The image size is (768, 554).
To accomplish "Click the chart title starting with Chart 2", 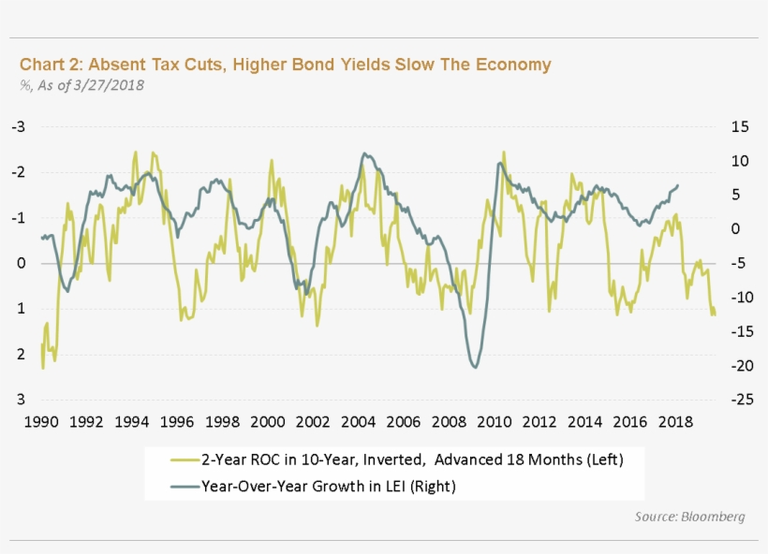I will pyautogui.click(x=285, y=65).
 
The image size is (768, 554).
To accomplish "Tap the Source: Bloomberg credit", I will pyautogui.click(x=689, y=517).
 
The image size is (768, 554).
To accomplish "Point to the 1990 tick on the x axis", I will pyautogui.click(x=41, y=421).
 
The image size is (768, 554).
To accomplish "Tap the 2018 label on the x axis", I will pyautogui.click(x=674, y=421).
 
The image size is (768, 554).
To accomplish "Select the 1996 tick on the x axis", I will pyautogui.click(x=177, y=421).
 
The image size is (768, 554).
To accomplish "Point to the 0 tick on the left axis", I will pyautogui.click(x=21, y=263).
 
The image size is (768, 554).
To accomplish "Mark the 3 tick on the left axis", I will pyautogui.click(x=21, y=399).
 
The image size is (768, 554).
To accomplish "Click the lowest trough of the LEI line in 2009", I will pyautogui.click(x=476, y=368).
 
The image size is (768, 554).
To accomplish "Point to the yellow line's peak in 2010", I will pyautogui.click(x=504, y=152).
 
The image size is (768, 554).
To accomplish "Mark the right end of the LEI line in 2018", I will pyautogui.click(x=678, y=185).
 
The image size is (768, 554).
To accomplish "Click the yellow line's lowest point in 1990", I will pyautogui.click(x=43, y=368).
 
